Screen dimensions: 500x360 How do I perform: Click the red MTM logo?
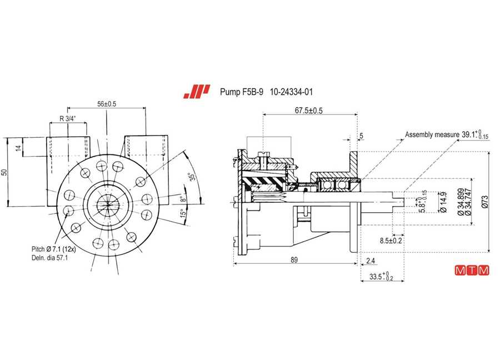point(472,271)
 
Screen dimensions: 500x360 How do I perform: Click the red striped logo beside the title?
point(197,92)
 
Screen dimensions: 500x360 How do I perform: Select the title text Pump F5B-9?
point(242,92)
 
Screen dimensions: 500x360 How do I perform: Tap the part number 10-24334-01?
point(291,92)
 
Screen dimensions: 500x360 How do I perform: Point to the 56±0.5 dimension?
point(107,104)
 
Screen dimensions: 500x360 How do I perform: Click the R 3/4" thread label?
point(68,119)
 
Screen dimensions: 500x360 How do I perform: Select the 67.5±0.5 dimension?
point(308,111)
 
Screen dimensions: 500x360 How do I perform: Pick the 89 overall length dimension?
point(294,259)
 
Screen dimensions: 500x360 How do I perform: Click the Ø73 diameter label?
point(485,202)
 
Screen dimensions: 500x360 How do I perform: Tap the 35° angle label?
point(192,177)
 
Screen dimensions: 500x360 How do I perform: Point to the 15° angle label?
point(183,213)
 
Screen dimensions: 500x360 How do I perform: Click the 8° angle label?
point(183,199)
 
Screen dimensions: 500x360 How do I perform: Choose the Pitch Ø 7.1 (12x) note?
point(53,249)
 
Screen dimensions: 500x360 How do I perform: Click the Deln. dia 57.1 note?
point(49,258)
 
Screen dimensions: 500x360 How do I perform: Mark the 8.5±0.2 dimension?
point(391,241)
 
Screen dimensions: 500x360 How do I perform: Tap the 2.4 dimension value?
point(371,261)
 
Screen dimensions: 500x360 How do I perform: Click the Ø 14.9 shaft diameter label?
point(443,202)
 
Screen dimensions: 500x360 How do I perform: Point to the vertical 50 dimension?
point(4,172)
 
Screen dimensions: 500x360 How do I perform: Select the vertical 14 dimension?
point(19,148)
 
